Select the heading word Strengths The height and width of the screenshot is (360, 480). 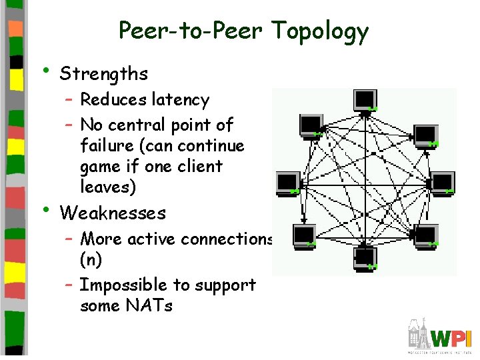[x=103, y=73]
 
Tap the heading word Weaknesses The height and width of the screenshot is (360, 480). [x=113, y=213]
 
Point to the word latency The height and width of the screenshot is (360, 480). [x=181, y=100]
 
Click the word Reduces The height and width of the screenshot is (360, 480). [x=113, y=100]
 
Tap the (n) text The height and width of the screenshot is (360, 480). [x=91, y=259]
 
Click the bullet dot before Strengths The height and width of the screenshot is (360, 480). [x=45, y=71]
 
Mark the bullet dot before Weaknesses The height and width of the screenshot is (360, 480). [x=45, y=209]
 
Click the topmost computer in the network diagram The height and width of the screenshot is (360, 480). [x=365, y=99]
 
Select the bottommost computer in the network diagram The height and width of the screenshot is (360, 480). [x=365, y=257]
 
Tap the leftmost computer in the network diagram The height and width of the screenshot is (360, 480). [x=288, y=182]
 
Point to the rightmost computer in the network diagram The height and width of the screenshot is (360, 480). [x=443, y=182]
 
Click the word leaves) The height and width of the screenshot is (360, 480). [x=108, y=187]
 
